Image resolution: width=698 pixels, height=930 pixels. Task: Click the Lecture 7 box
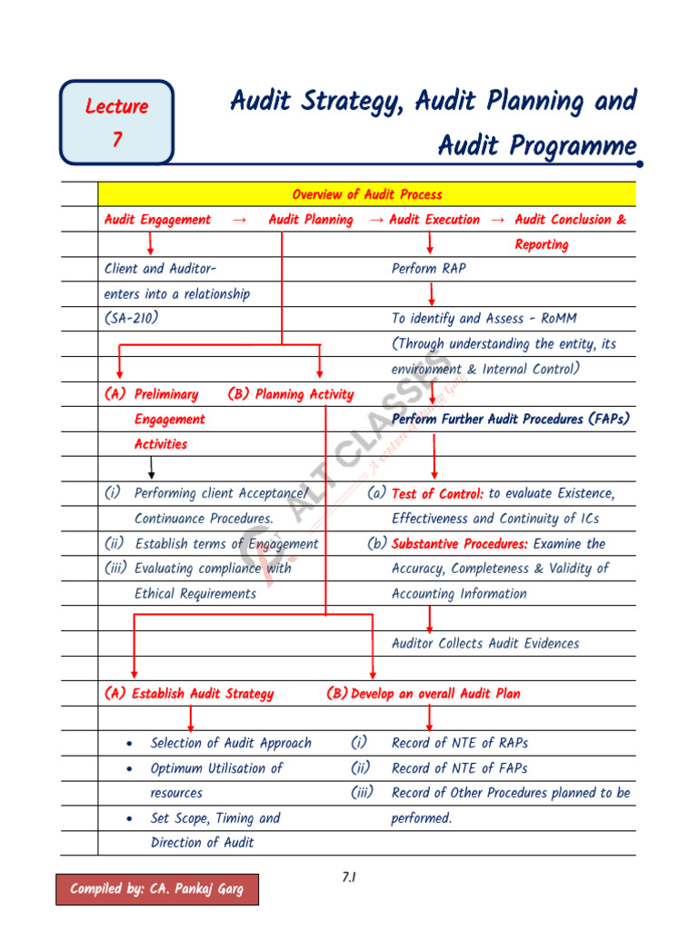pyautogui.click(x=116, y=122)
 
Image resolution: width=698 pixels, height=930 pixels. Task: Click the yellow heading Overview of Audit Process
pyautogui.click(x=367, y=194)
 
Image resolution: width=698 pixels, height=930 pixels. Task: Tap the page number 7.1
pyautogui.click(x=348, y=876)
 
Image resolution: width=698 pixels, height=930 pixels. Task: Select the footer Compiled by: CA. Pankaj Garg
pyautogui.click(x=157, y=889)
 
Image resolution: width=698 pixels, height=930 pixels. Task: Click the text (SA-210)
pyautogui.click(x=132, y=319)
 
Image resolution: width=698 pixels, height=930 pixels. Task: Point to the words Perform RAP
pyautogui.click(x=428, y=269)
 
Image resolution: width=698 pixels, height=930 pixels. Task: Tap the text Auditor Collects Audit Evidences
pyautogui.click(x=484, y=643)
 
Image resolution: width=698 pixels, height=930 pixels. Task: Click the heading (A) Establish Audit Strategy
pyautogui.click(x=189, y=694)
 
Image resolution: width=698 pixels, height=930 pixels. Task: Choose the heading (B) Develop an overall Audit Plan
pyautogui.click(x=424, y=694)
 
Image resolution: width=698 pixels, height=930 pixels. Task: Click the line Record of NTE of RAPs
pyautogui.click(x=459, y=743)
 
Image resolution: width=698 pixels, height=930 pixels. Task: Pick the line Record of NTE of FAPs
pyautogui.click(x=459, y=768)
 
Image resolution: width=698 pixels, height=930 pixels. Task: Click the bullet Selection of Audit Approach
pyautogui.click(x=231, y=743)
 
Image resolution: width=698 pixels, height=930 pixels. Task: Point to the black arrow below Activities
pyautogui.click(x=151, y=468)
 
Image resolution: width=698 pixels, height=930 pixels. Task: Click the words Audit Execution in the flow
pyautogui.click(x=434, y=220)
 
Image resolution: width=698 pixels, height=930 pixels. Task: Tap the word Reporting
pyautogui.click(x=541, y=244)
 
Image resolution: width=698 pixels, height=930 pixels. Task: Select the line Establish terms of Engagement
pyautogui.click(x=226, y=544)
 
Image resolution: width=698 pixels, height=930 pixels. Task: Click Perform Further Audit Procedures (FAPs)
pyautogui.click(x=510, y=420)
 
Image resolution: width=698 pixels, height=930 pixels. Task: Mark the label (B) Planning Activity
pyautogui.click(x=291, y=394)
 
